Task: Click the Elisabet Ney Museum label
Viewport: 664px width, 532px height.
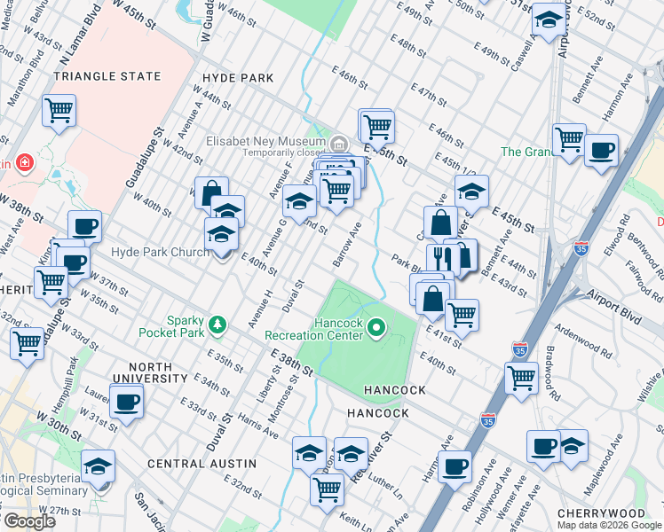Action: [x=265, y=141]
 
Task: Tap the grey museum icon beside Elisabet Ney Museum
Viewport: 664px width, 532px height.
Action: [x=338, y=143]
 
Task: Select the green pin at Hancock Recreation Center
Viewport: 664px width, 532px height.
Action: [x=376, y=330]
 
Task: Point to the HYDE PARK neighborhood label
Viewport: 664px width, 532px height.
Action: [x=238, y=78]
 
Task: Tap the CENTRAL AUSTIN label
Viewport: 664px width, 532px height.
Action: [x=202, y=464]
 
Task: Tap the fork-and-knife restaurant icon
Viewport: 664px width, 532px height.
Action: [x=441, y=257]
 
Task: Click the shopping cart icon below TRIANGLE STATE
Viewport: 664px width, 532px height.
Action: [x=59, y=111]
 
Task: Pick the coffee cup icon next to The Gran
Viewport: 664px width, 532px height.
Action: [x=601, y=150]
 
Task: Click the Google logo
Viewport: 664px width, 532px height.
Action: [x=28, y=521]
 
